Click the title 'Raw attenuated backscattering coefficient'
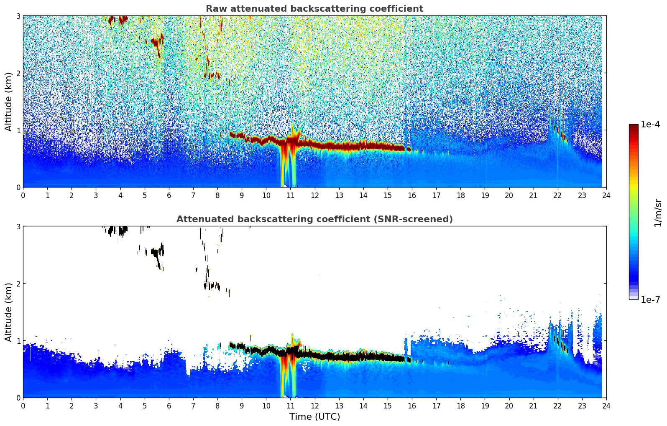coord(314,9)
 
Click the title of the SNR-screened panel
coord(314,219)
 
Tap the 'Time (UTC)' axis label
coord(314,416)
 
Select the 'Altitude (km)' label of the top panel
coord(8,101)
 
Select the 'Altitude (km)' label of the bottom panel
coord(8,312)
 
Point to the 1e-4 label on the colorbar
coord(650,124)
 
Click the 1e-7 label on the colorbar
coord(650,299)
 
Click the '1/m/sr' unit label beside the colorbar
coord(658,213)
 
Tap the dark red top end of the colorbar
coord(634,126)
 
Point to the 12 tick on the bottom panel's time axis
coord(314,406)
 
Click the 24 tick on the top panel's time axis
coord(606,195)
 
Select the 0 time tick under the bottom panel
coord(23,406)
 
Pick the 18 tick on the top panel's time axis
coord(460,195)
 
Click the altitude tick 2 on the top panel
coord(18,73)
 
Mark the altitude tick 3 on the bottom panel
coord(18,226)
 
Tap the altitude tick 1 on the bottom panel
coord(18,340)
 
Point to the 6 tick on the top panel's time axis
coord(169,195)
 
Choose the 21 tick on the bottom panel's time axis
coord(533,406)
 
